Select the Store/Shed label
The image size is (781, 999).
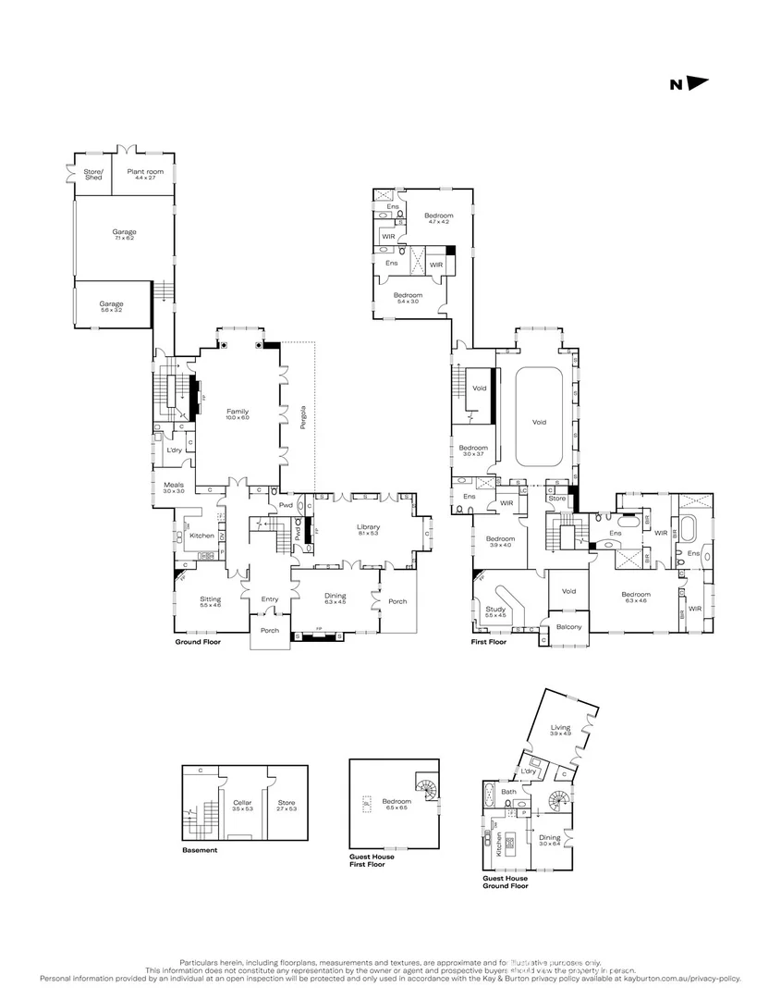(93, 174)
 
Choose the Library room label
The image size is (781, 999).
(369, 529)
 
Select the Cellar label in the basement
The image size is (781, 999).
(242, 803)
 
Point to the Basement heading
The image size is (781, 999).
(200, 850)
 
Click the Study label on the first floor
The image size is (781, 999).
(495, 610)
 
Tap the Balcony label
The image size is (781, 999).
(568, 627)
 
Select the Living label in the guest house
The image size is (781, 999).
(561, 729)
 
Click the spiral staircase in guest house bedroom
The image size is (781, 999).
(426, 789)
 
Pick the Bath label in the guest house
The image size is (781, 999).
(508, 792)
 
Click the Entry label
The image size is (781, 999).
(269, 599)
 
